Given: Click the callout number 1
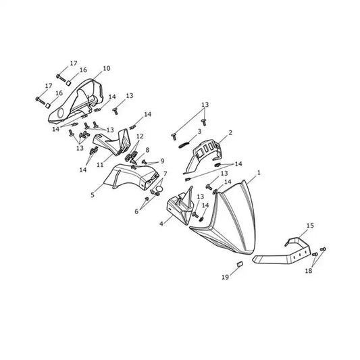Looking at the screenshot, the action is coord(259,172).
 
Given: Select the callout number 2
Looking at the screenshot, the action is coord(230,132).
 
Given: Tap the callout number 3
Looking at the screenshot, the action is coord(199,131).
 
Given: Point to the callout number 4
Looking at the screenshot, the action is coord(161,224).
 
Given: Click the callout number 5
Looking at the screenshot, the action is coord(93,195).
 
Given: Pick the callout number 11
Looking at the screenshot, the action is coord(100,165).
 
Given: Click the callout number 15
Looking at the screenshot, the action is coord(310,226).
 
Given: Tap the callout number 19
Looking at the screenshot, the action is coord(225,277).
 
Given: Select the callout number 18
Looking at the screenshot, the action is coord(309,271).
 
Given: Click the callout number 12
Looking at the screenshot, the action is coord(140,136).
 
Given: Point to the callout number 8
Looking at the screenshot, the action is coord(147,150).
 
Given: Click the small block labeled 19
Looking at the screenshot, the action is coord(240,264).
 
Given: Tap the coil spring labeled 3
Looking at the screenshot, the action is coord(184,145).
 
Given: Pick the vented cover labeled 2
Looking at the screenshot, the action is coord(204,154).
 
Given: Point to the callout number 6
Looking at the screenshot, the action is coord(136,211).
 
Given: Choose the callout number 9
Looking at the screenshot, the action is coord(162,161).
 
